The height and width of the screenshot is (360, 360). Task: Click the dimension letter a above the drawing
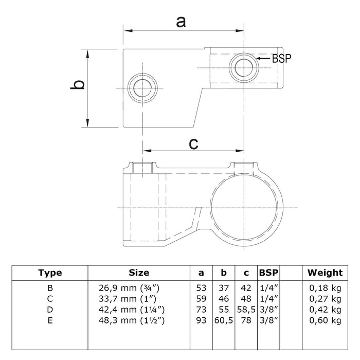(x=181, y=23)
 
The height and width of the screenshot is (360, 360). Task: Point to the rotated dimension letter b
(x=78, y=85)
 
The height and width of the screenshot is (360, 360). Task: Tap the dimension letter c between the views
(x=193, y=143)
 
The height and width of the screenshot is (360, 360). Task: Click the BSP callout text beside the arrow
(x=281, y=58)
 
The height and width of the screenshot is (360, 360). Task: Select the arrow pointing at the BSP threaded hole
(x=263, y=58)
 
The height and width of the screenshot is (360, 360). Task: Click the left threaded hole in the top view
(x=142, y=88)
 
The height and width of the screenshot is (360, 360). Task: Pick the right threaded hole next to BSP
(x=244, y=68)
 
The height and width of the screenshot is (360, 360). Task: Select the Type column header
(x=50, y=273)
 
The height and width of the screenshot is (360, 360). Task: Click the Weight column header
(x=325, y=273)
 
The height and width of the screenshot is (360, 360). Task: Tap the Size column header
(x=139, y=273)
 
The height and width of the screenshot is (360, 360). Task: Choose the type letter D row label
(x=50, y=310)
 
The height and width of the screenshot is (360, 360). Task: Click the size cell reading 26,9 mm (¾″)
(x=129, y=288)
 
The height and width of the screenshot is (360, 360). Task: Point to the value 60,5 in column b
(x=224, y=320)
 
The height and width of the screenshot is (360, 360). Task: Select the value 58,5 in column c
(x=246, y=310)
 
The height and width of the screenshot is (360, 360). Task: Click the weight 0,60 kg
(x=325, y=320)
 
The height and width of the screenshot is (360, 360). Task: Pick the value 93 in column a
(x=201, y=320)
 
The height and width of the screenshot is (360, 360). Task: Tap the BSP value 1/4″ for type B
(x=269, y=288)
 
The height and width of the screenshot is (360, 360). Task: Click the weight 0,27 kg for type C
(x=325, y=299)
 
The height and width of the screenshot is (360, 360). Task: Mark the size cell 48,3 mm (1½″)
(x=132, y=320)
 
